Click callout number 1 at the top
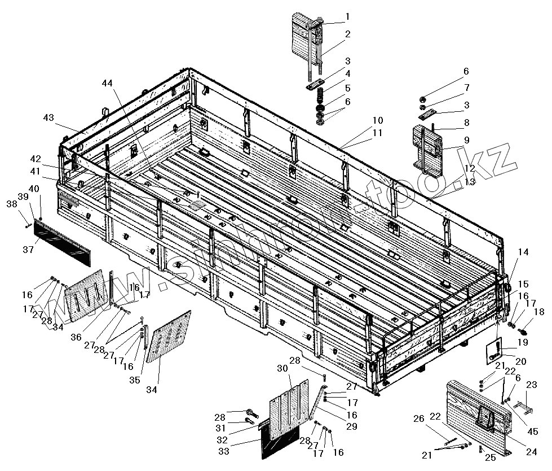pyautogui.click(x=347, y=16)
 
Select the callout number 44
pyautogui.click(x=108, y=84)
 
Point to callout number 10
pyautogui.click(x=377, y=121)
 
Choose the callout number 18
pyautogui.click(x=539, y=312)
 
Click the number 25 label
pyautogui.click(x=491, y=457)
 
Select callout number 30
pyautogui.click(x=282, y=368)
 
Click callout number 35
pyautogui.click(x=134, y=380)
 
